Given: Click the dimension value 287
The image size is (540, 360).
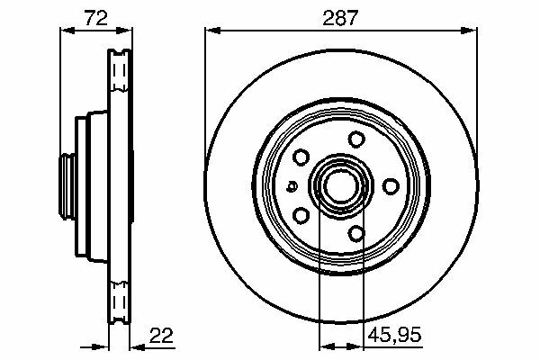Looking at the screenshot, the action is coord(340,18).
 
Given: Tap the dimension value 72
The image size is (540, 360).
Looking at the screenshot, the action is coord(96,18).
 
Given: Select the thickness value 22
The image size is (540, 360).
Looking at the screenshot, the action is coord(161,335).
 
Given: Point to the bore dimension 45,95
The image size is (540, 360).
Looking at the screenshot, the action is coord(395,335).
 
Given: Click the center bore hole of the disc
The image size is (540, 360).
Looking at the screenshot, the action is coord(340,186).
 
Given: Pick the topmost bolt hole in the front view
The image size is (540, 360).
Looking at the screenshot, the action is coord(356,139).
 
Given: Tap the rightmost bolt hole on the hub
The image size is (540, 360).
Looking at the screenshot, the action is coord(391,186).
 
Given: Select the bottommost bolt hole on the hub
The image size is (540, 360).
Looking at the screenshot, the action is coord(356,234).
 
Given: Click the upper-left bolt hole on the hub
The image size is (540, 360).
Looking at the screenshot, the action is coord(301,157).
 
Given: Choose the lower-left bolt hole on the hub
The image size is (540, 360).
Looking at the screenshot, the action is coord(301,216).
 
